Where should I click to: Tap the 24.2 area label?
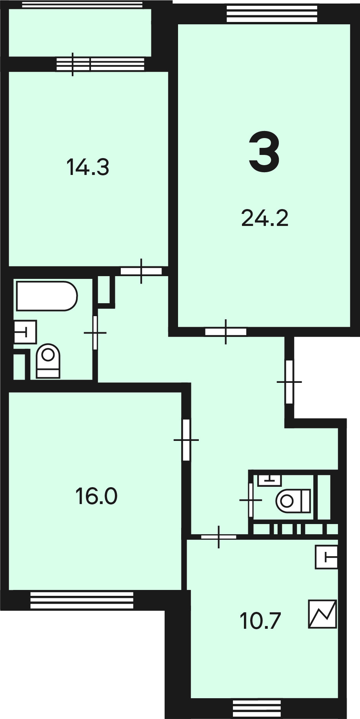(x=265, y=218)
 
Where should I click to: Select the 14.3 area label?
(x=88, y=167)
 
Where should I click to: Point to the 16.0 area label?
(x=96, y=496)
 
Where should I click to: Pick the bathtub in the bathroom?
(x=47, y=296)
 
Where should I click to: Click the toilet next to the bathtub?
(x=48, y=361)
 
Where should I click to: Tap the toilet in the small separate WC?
(x=293, y=501)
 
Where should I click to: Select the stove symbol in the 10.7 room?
(x=323, y=614)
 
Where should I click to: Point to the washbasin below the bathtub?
(x=25, y=332)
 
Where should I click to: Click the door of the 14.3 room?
(x=141, y=271)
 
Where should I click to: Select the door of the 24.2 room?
(x=226, y=332)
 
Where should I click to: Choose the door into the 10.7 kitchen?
(x=219, y=537)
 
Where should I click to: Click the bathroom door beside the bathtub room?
(x=95, y=333)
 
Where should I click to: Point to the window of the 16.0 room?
(x=82, y=600)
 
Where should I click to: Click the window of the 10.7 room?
(x=257, y=708)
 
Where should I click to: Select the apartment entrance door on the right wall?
(x=289, y=382)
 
